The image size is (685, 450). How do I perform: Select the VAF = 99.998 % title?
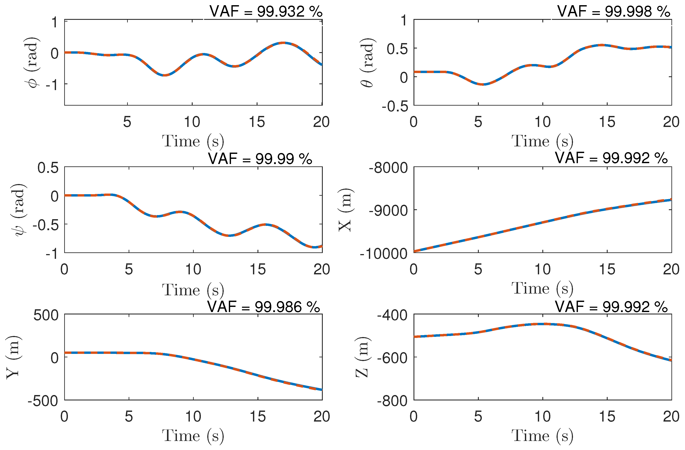click(x=614, y=11)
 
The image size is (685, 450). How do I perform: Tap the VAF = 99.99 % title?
click(x=260, y=159)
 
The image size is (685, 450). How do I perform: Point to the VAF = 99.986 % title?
click(x=263, y=307)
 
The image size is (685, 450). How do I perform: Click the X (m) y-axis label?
click(x=345, y=210)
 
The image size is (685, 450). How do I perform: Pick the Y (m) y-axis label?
click(x=13, y=357)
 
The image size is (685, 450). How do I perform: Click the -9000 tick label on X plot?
click(x=388, y=211)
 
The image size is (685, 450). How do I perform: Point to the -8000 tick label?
click(x=388, y=168)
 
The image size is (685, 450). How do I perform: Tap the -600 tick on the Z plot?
click(x=392, y=358)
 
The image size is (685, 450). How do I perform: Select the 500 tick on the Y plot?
click(x=46, y=315)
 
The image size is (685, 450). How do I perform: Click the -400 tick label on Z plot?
click(x=392, y=315)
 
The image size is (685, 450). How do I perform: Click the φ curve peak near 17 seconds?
click(x=284, y=43)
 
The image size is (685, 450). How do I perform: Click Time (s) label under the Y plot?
click(x=193, y=435)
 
